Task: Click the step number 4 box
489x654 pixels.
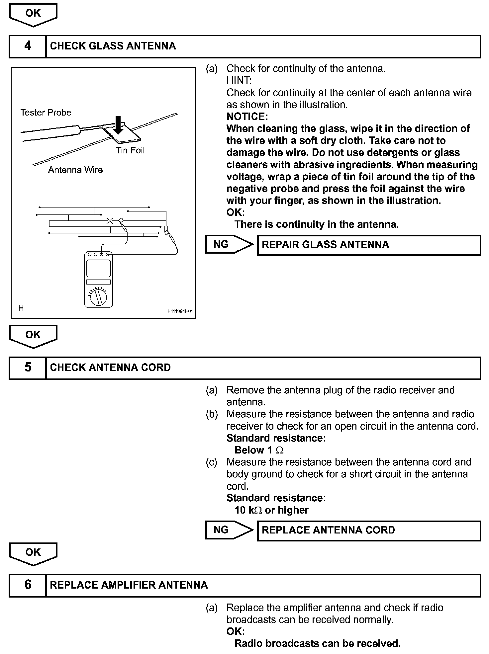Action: point(28,46)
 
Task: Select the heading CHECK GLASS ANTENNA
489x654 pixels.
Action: point(113,46)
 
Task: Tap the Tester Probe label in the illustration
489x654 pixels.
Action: point(46,113)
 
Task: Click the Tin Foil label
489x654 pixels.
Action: point(130,150)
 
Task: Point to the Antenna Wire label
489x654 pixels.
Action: point(75,170)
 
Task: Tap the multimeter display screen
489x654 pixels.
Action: point(99,268)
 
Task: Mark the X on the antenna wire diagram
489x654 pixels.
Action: point(110,221)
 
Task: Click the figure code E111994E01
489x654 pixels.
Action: point(180,312)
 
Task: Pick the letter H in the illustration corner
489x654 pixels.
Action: point(21,308)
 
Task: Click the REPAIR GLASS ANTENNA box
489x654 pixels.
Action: point(369,245)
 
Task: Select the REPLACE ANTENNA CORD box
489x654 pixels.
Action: point(369,530)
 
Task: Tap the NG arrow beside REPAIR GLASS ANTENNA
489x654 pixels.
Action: point(229,245)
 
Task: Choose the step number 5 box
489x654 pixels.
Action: point(28,368)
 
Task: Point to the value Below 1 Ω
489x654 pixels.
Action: point(259,450)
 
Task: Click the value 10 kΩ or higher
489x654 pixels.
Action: point(271,510)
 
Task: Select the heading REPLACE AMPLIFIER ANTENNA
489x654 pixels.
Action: point(129,585)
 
